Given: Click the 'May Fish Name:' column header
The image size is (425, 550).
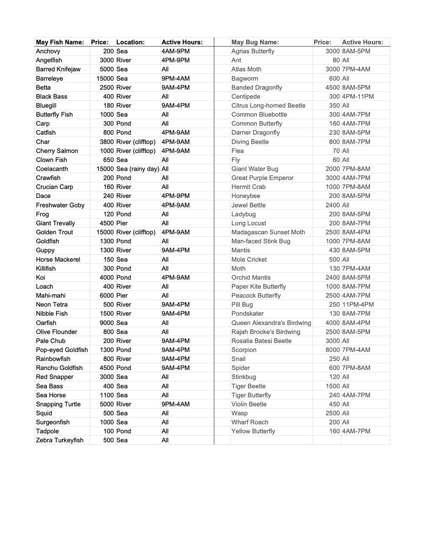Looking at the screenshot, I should [x=60, y=42].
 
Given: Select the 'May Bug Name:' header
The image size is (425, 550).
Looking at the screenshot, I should [x=255, y=42].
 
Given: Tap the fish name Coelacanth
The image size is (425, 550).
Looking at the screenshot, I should [x=52, y=169].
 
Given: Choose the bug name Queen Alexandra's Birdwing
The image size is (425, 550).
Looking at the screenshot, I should [x=271, y=323].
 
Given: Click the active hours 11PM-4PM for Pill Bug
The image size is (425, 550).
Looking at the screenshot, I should [x=358, y=304].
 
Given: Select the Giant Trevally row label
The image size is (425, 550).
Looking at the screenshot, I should [x=55, y=223].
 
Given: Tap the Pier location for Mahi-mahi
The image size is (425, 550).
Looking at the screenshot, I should [x=122, y=296].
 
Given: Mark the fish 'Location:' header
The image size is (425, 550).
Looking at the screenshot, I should [x=131, y=42].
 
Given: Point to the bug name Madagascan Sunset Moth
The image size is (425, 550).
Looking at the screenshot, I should [x=268, y=232].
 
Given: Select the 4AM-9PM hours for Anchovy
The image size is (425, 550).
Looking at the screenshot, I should [x=176, y=51].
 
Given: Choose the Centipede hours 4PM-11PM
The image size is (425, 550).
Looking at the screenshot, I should [x=358, y=96].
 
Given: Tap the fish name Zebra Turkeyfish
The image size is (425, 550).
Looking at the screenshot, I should [x=60, y=440].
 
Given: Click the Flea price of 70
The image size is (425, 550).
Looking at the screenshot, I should [x=337, y=151].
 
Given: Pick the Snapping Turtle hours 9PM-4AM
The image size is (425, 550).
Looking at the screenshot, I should [x=176, y=404].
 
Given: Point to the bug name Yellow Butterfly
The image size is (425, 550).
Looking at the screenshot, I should [x=253, y=431].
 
